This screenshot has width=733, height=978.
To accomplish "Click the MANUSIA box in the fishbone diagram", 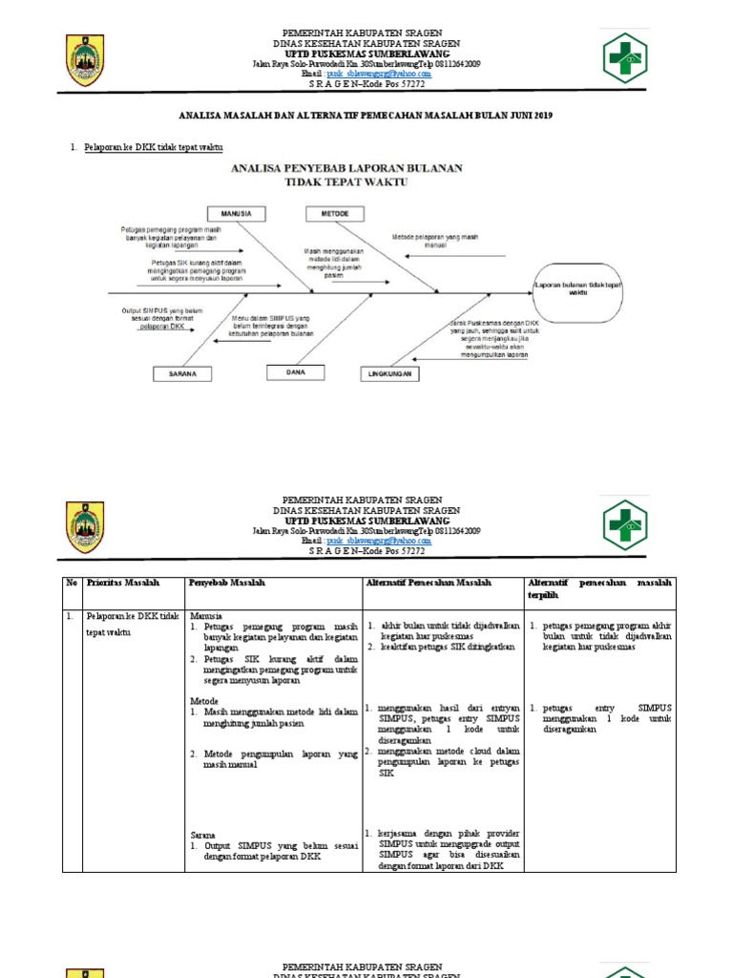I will tap(236, 213).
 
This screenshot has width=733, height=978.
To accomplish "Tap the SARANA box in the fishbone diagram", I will tap(182, 373).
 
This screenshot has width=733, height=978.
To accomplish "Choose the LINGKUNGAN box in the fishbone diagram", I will tap(390, 374).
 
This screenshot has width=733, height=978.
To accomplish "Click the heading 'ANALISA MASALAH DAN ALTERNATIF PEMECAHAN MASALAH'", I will tap(366, 115).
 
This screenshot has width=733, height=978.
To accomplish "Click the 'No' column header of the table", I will tap(71, 583).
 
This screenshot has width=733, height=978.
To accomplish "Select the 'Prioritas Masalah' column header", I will tap(123, 583).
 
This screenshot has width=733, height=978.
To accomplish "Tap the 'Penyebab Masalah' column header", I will tap(227, 583).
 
